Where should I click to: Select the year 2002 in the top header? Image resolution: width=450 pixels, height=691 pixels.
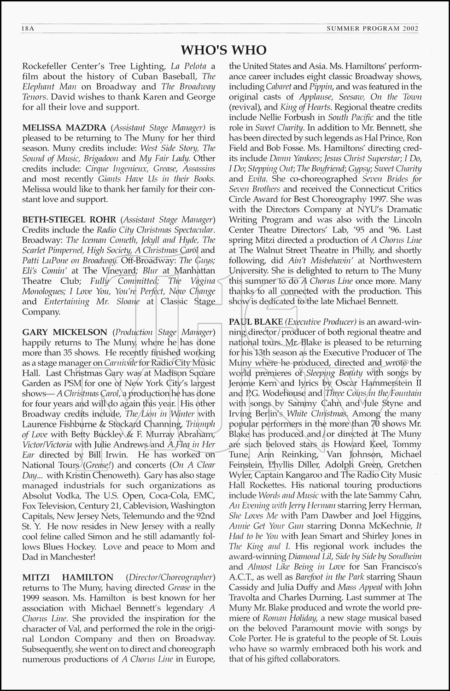point(409,29)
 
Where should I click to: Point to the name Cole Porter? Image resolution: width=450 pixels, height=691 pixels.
point(250,638)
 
